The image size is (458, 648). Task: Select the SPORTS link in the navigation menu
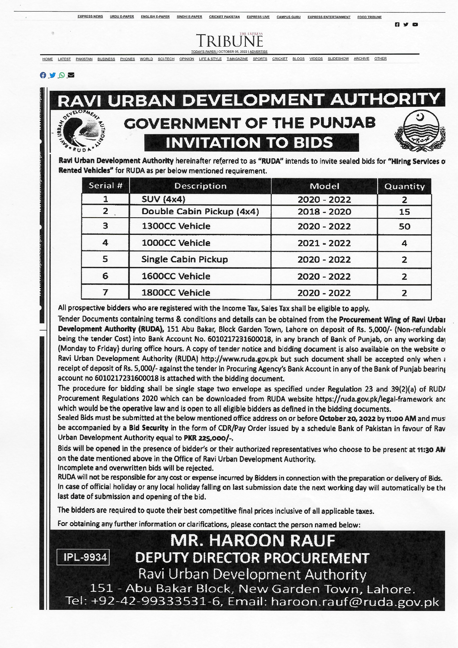coord(260,59)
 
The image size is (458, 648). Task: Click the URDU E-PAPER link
coord(122,17)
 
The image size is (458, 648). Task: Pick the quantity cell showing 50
coord(404,226)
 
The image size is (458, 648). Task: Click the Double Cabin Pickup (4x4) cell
coord(200,212)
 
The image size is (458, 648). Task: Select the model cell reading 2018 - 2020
coord(324,212)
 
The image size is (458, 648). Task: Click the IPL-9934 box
coord(83,557)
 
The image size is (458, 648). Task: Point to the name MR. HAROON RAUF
coord(252,540)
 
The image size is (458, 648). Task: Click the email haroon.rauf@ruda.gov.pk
coord(355,602)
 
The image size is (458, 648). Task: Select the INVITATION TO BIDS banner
coord(251,143)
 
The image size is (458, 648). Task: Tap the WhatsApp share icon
coord(62,75)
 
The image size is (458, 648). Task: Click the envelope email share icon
coord(71,75)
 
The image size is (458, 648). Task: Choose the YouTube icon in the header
coord(415,25)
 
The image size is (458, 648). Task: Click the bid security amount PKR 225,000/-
coord(209,438)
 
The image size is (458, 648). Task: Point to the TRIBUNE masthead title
coord(229,41)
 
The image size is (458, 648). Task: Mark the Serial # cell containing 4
coord(105,243)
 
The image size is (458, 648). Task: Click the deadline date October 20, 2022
coord(347,418)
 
